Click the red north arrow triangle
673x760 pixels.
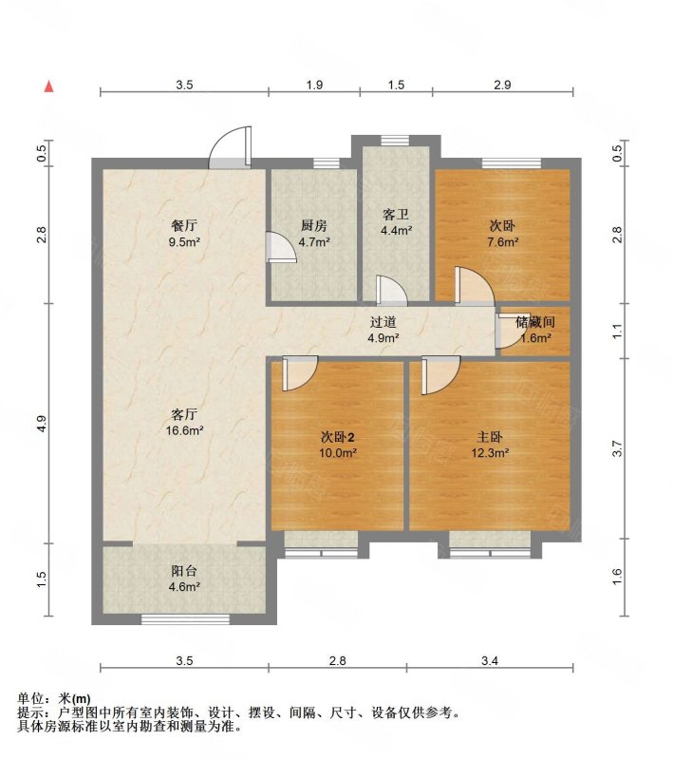(x=49, y=86)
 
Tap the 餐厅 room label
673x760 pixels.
(x=184, y=225)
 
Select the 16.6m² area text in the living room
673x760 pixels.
(x=184, y=430)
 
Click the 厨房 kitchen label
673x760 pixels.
(x=314, y=225)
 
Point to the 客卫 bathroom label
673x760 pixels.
(x=396, y=215)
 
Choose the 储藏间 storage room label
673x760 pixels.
(x=534, y=322)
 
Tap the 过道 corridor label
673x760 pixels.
(x=383, y=322)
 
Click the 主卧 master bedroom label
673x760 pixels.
(x=490, y=437)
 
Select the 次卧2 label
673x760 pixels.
(x=338, y=437)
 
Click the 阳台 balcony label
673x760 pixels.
(x=184, y=571)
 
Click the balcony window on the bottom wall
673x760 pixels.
(x=185, y=618)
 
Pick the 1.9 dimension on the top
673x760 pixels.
(x=314, y=85)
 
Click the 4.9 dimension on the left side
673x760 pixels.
(x=42, y=424)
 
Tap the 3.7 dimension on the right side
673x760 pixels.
(x=617, y=448)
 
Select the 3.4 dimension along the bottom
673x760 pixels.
(x=490, y=660)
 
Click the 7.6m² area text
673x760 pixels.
(x=503, y=241)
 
